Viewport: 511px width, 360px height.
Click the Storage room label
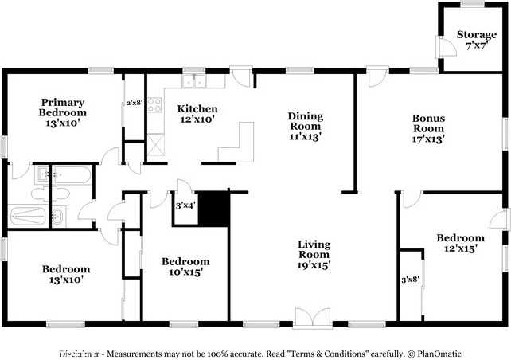[x=476, y=34]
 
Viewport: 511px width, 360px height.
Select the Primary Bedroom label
[x=63, y=108]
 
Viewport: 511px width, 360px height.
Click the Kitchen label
[x=197, y=108]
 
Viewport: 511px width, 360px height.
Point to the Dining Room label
[x=305, y=121]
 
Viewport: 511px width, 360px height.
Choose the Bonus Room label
[x=428, y=123]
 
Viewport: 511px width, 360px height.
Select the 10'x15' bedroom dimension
[x=185, y=272]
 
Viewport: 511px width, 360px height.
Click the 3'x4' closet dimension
[x=185, y=206]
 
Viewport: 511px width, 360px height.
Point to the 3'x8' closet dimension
[x=409, y=279]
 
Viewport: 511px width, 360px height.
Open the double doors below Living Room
[x=314, y=316]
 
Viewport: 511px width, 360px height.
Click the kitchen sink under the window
[x=193, y=81]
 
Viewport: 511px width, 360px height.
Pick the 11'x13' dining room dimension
[x=305, y=136]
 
